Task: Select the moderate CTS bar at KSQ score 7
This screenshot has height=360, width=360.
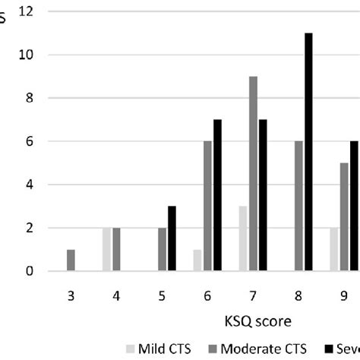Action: coord(253,174)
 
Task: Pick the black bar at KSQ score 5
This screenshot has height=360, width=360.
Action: coord(172,238)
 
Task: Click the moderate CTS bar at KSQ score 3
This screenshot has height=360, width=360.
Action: coord(71,261)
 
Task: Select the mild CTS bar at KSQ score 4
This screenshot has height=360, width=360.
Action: coord(106,249)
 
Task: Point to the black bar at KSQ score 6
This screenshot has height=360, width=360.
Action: coord(218,195)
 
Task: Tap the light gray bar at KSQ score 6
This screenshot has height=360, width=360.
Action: coord(197,261)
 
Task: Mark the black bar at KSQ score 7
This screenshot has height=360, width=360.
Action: coord(264,195)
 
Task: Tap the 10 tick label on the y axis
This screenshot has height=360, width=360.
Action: coord(27,55)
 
